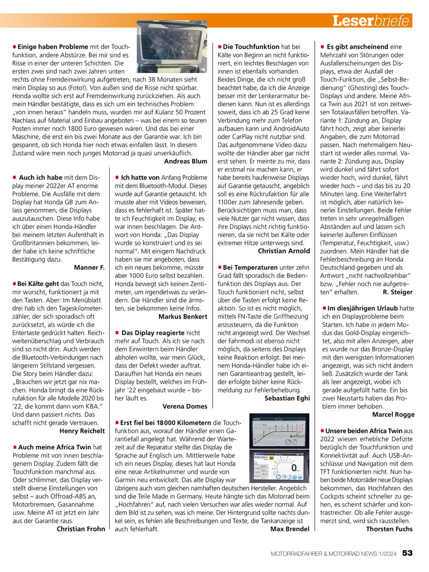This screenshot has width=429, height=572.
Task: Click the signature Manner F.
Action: point(89,267)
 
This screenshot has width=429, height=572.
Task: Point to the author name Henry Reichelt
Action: point(82,431)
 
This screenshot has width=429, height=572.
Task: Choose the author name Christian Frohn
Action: point(81,529)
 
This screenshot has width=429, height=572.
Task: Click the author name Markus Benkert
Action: point(183,316)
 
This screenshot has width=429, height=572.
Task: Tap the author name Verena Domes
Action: point(185,406)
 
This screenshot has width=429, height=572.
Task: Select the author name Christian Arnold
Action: point(283,251)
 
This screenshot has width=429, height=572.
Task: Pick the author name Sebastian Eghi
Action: point(287,398)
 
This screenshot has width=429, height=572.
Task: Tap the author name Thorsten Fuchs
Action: point(389,529)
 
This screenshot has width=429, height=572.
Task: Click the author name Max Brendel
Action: point(290,529)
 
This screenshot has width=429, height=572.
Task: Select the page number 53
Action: point(407,553)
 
